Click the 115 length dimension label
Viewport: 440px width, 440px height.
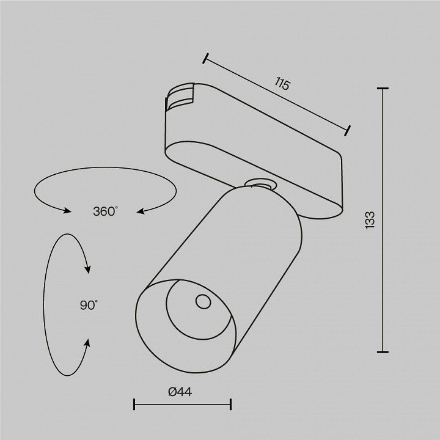tap(282, 84)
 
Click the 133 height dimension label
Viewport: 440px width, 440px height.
tap(370, 220)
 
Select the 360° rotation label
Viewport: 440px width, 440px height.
tap(105, 211)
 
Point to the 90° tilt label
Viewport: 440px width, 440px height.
tap(88, 306)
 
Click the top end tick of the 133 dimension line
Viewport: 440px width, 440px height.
tap(383, 89)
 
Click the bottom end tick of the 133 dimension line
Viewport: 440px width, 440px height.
tap(383, 351)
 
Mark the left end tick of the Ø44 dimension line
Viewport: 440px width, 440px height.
tap(134, 404)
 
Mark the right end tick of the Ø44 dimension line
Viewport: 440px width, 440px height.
tap(231, 404)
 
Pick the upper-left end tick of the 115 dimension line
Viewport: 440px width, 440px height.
tap(206, 59)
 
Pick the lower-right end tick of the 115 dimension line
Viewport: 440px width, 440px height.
tap(348, 130)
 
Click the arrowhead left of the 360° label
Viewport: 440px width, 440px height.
tap(67, 211)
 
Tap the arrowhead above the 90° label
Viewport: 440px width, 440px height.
tap(88, 269)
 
